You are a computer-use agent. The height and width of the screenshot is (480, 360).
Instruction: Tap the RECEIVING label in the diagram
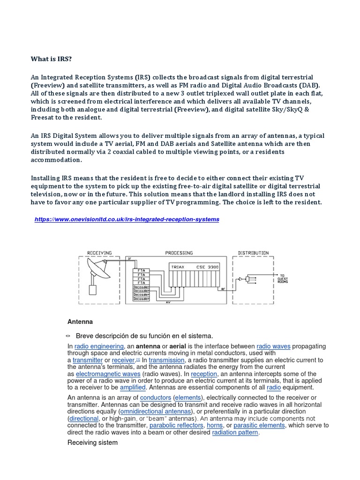[100, 253]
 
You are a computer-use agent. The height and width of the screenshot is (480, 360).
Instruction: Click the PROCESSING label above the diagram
[179, 253]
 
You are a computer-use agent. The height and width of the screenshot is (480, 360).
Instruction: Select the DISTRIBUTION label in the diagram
[253, 253]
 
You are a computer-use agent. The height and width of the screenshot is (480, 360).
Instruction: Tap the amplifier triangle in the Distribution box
[240, 279]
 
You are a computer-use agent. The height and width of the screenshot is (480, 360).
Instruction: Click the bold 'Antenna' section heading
[80, 322]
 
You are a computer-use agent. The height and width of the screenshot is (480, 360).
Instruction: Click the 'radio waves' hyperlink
[274, 346]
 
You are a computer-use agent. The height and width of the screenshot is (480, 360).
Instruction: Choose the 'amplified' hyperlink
[133, 388]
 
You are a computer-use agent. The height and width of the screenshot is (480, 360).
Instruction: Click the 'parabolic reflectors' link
[176, 426]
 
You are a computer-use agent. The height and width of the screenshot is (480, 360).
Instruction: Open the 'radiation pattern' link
[235, 433]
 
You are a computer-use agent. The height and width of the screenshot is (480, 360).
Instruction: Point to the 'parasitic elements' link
[259, 426]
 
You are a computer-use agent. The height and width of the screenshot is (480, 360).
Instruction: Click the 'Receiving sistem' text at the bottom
[92, 442]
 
